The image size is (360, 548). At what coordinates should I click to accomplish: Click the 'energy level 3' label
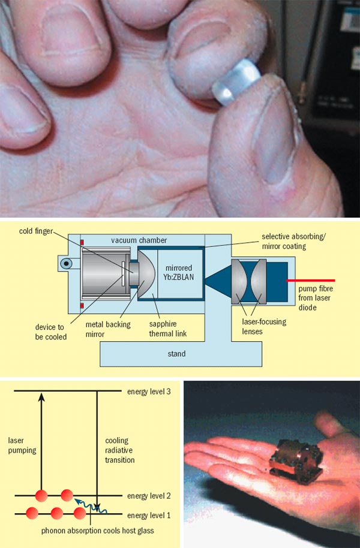pyautogui.click(x=151, y=392)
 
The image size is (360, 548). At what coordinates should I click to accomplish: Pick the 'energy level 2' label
pyautogui.click(x=151, y=496)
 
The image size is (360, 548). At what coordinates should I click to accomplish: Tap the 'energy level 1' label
pyautogui.click(x=151, y=515)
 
